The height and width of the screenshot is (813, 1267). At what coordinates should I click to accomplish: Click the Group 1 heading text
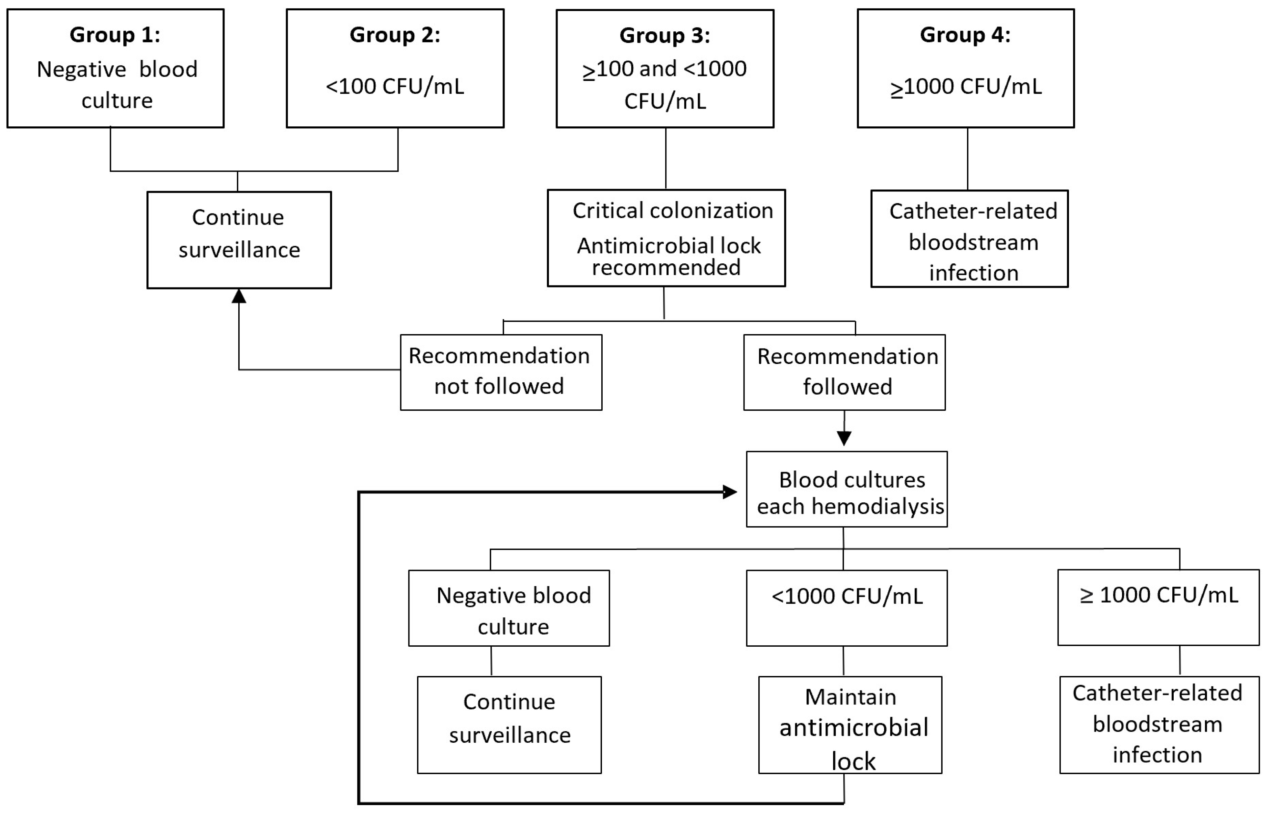[115, 35]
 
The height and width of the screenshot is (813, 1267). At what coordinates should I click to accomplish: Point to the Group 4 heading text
[965, 35]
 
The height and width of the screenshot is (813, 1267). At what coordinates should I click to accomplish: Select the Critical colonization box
[666, 238]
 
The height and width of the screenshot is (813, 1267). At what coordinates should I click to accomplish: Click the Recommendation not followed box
[500, 372]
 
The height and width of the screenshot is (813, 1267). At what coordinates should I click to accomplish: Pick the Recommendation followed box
[844, 372]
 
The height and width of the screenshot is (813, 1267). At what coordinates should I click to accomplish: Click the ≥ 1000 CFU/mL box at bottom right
[1158, 607]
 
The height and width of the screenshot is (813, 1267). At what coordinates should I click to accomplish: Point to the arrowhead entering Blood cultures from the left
[730, 492]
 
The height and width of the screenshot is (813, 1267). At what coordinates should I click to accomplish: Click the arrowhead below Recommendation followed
[844, 438]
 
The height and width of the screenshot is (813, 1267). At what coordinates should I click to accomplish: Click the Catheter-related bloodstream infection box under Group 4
[969, 239]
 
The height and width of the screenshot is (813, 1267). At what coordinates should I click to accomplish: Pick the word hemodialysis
[877, 506]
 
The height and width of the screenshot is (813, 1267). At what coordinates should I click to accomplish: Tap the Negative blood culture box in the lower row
[509, 608]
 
